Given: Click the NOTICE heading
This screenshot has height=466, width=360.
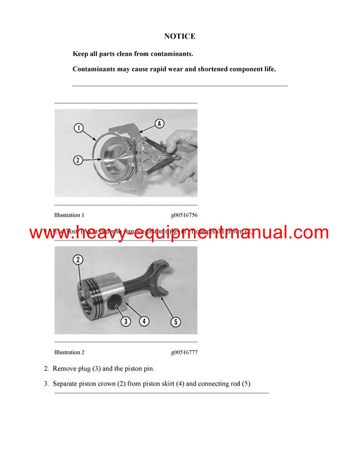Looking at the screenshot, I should coord(180,37).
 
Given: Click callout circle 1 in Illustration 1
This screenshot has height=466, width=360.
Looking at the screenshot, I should coord(79,127).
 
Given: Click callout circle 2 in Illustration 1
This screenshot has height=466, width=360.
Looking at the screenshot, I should coord(79,160).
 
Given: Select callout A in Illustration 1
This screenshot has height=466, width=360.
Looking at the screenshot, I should coord(159,124).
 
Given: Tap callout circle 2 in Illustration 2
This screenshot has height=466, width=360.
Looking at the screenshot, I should coord(79,259).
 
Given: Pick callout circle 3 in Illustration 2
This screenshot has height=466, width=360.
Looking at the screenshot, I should coord(126,321).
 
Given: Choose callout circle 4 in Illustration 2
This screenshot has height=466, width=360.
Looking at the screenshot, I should coord(144,321).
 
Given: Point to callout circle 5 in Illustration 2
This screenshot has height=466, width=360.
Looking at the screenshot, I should coord(176,322).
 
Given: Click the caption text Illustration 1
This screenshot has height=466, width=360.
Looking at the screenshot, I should coord(69,214).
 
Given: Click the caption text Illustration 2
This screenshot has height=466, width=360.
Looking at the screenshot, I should coord(69,352).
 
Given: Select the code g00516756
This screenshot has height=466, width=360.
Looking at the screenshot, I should coord(184,214).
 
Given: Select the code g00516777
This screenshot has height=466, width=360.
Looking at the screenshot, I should coord(184,352).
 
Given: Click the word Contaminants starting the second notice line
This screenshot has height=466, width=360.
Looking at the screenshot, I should coord(92,69).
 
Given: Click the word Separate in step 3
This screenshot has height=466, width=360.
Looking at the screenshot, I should coord(67,383).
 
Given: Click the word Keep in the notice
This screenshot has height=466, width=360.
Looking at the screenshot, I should coord(80,53).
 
